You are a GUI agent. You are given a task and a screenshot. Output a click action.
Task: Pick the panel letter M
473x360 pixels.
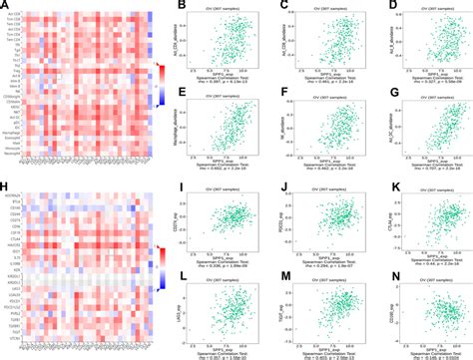click(278, 276)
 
